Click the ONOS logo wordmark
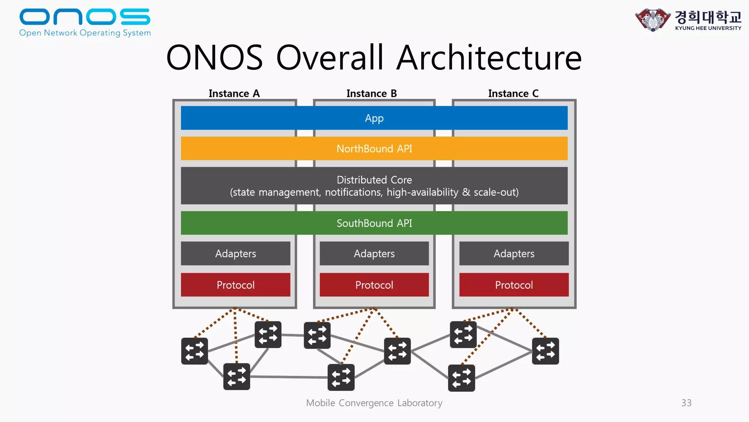85,17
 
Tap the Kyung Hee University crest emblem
653,20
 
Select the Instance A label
234,94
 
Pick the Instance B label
372,94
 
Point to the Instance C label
513,94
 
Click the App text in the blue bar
374,118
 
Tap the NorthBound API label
374,149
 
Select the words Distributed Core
374,180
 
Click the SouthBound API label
374,223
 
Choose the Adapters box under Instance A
236,253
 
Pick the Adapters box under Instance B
374,253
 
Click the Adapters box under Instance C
514,253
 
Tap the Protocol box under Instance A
236,285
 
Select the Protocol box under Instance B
374,285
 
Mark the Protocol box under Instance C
514,285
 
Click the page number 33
686,403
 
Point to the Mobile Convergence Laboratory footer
374,403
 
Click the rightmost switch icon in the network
545,351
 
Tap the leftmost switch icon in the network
195,351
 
